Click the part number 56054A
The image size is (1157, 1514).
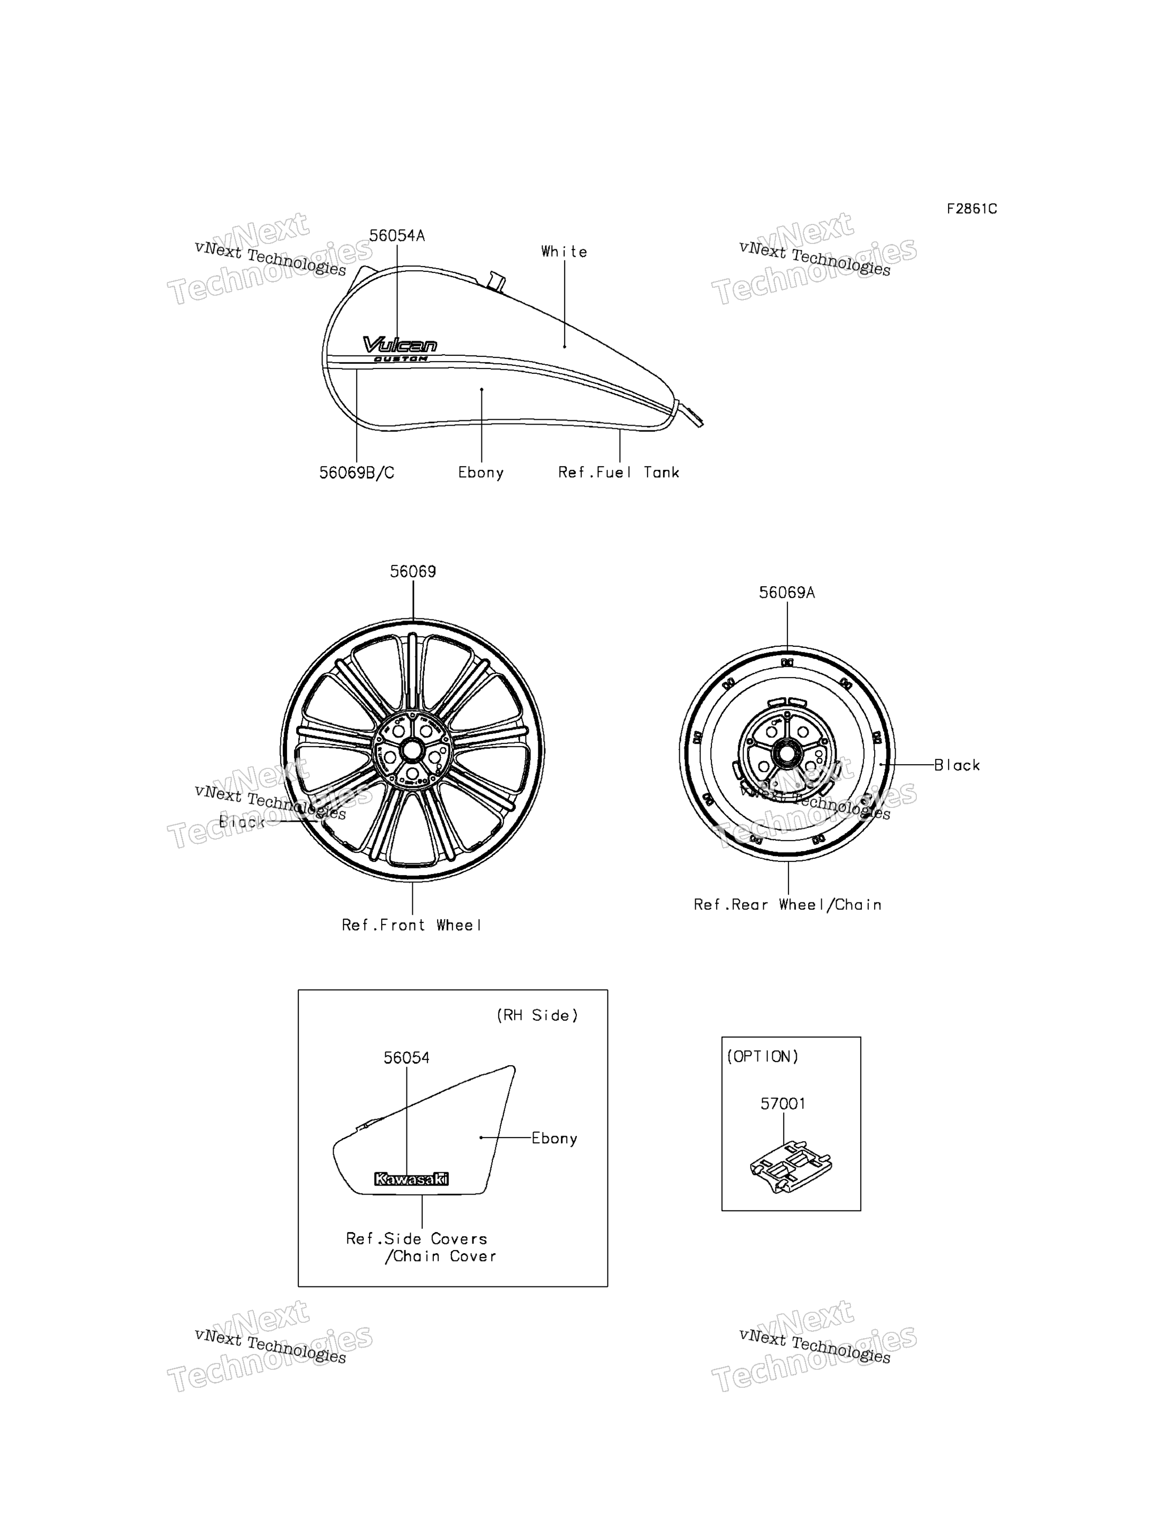click(x=397, y=236)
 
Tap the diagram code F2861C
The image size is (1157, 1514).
click(x=971, y=209)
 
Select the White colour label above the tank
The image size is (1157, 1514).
click(x=564, y=251)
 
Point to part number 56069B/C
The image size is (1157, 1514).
click(x=357, y=473)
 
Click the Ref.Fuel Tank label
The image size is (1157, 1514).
click(x=619, y=472)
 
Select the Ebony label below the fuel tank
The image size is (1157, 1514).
click(x=481, y=473)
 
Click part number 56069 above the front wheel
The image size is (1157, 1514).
click(x=413, y=571)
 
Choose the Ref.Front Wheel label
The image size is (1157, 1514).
click(x=411, y=925)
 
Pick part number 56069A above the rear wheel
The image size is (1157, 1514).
click(x=786, y=593)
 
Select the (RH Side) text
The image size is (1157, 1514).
click(x=537, y=1015)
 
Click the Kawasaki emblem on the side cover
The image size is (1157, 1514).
click(x=411, y=1179)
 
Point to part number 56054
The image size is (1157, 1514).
click(x=406, y=1058)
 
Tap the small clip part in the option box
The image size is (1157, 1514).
click(x=791, y=1166)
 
